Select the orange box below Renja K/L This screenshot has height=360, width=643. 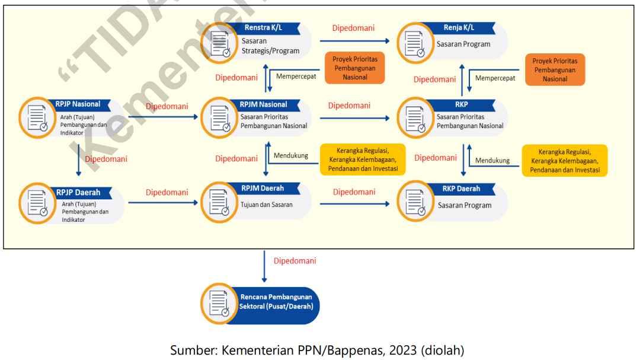click(x=555, y=69)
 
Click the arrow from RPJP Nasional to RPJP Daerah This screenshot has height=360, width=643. click(x=78, y=158)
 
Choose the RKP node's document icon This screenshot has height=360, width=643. click(x=413, y=116)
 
